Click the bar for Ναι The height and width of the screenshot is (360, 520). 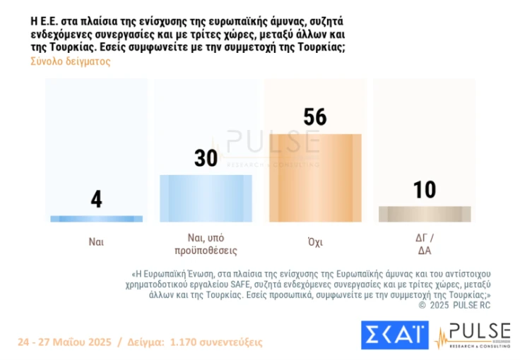pos(97,219)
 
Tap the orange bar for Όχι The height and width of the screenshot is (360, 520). pos(315,178)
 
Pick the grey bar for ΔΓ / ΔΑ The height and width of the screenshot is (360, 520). pos(425,214)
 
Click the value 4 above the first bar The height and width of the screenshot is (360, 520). pos(97,200)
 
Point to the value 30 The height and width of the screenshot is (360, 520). pos(206,158)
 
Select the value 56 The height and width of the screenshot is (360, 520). pos(315,116)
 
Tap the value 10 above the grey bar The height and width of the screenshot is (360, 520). pos(425,190)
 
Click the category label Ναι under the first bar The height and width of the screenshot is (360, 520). pos(97,241)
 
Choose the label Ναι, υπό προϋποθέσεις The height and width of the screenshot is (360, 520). pos(206,244)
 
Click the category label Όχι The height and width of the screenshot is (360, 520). pos(315,241)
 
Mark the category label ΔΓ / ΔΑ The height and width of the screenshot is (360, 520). pos(425,244)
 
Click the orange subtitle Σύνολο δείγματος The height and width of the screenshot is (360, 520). pos(70,61)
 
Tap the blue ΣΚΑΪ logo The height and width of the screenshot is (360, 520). pos(394,335)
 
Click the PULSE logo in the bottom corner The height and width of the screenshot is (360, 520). pos(472,335)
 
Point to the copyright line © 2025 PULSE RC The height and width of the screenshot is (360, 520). pos(454,305)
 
